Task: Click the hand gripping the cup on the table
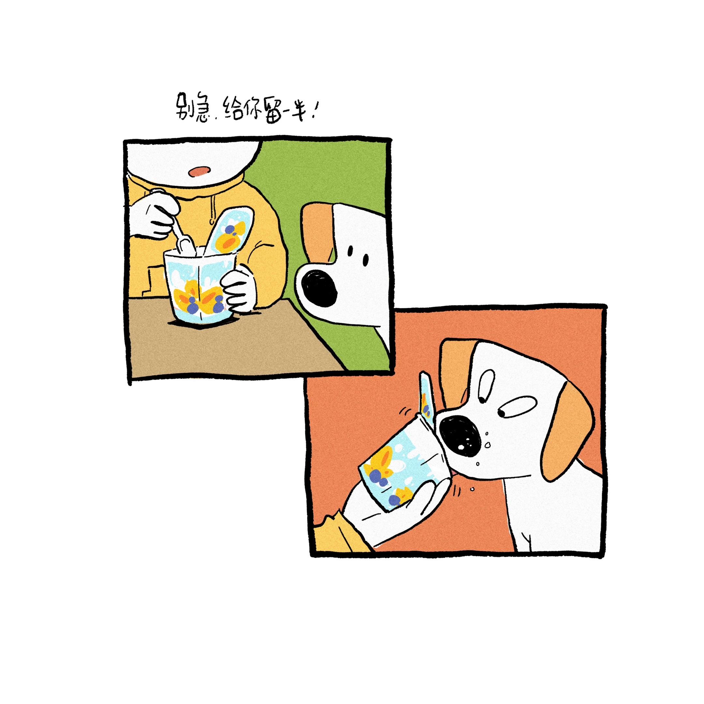point(239,290)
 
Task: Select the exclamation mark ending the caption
point(313,109)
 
